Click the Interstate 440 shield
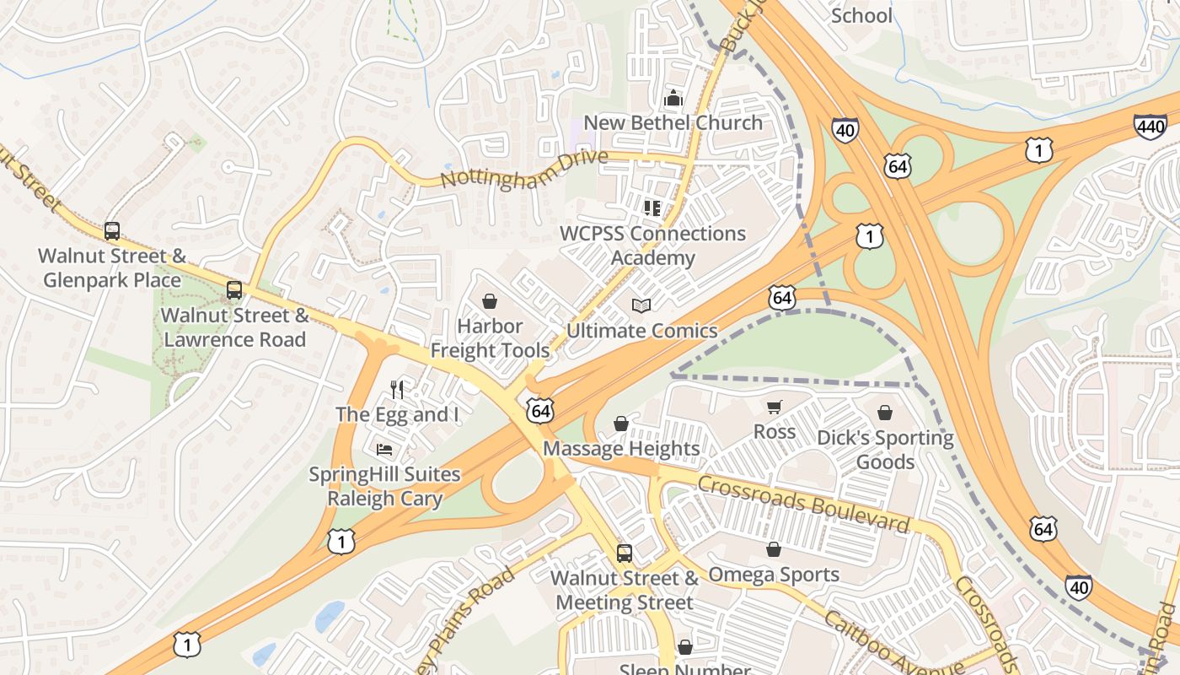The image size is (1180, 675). pos(1150,127)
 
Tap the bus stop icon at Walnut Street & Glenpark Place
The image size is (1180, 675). pos(112,230)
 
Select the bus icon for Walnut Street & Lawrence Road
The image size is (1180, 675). pos(234,290)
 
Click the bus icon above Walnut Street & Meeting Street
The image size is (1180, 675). pos(625,553)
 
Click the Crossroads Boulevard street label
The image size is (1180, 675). pos(804,504)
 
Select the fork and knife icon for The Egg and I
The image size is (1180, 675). pos(398,389)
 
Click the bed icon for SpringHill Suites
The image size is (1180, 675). pos(384,449)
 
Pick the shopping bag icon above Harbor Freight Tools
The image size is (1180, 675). pos(490,301)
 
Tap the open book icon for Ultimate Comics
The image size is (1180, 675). pos(641,305)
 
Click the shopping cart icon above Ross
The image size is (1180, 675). pos(775,407)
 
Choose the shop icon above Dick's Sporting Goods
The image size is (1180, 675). pos(885,413)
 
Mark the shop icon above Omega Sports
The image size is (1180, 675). pos(774,550)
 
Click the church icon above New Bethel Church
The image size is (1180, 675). pos(673,99)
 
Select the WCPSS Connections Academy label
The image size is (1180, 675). pos(653,246)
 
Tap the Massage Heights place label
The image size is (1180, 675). pos(621,448)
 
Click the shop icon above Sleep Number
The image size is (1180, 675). pos(685,647)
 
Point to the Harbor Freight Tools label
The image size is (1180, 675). pos(490,337)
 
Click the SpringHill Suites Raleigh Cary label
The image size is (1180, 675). pos(384,486)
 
